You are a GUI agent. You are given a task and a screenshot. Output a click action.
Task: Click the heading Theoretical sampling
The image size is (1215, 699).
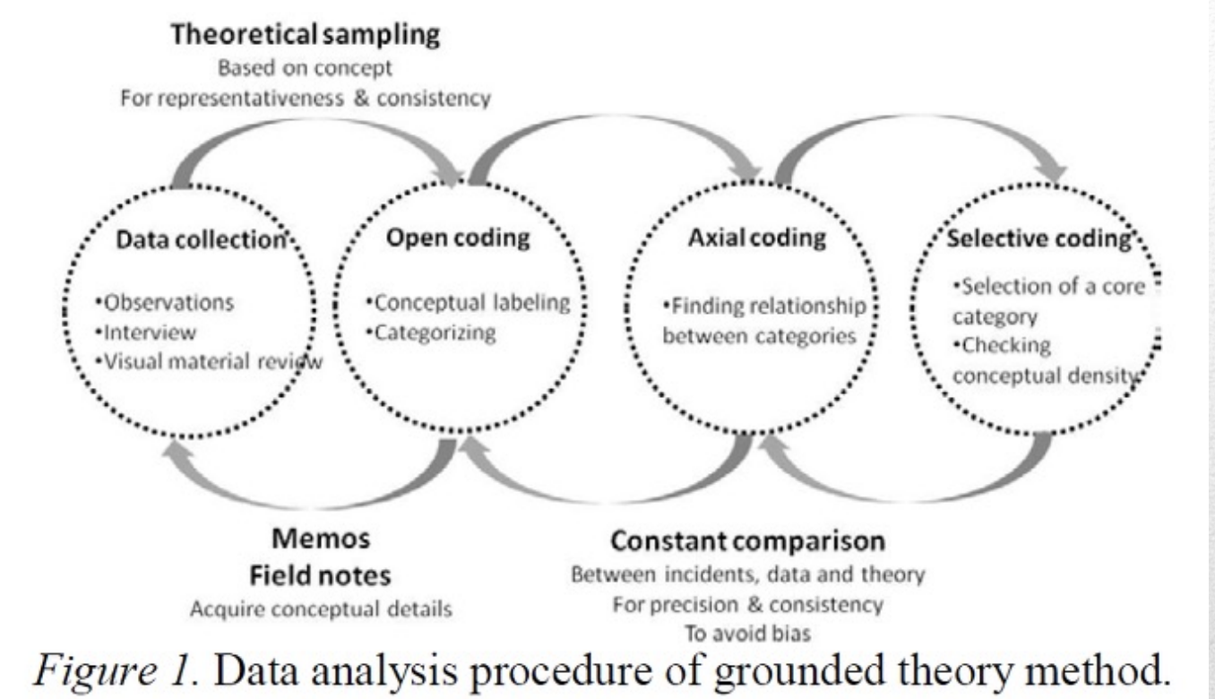[306, 35]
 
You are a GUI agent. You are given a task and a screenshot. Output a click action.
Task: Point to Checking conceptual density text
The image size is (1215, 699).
[1044, 361]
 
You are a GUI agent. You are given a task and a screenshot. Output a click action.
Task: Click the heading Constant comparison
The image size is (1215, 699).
[748, 542]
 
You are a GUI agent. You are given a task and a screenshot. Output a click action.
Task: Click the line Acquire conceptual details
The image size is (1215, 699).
[320, 607]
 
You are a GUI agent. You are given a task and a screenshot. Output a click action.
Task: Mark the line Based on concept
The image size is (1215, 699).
[306, 68]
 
